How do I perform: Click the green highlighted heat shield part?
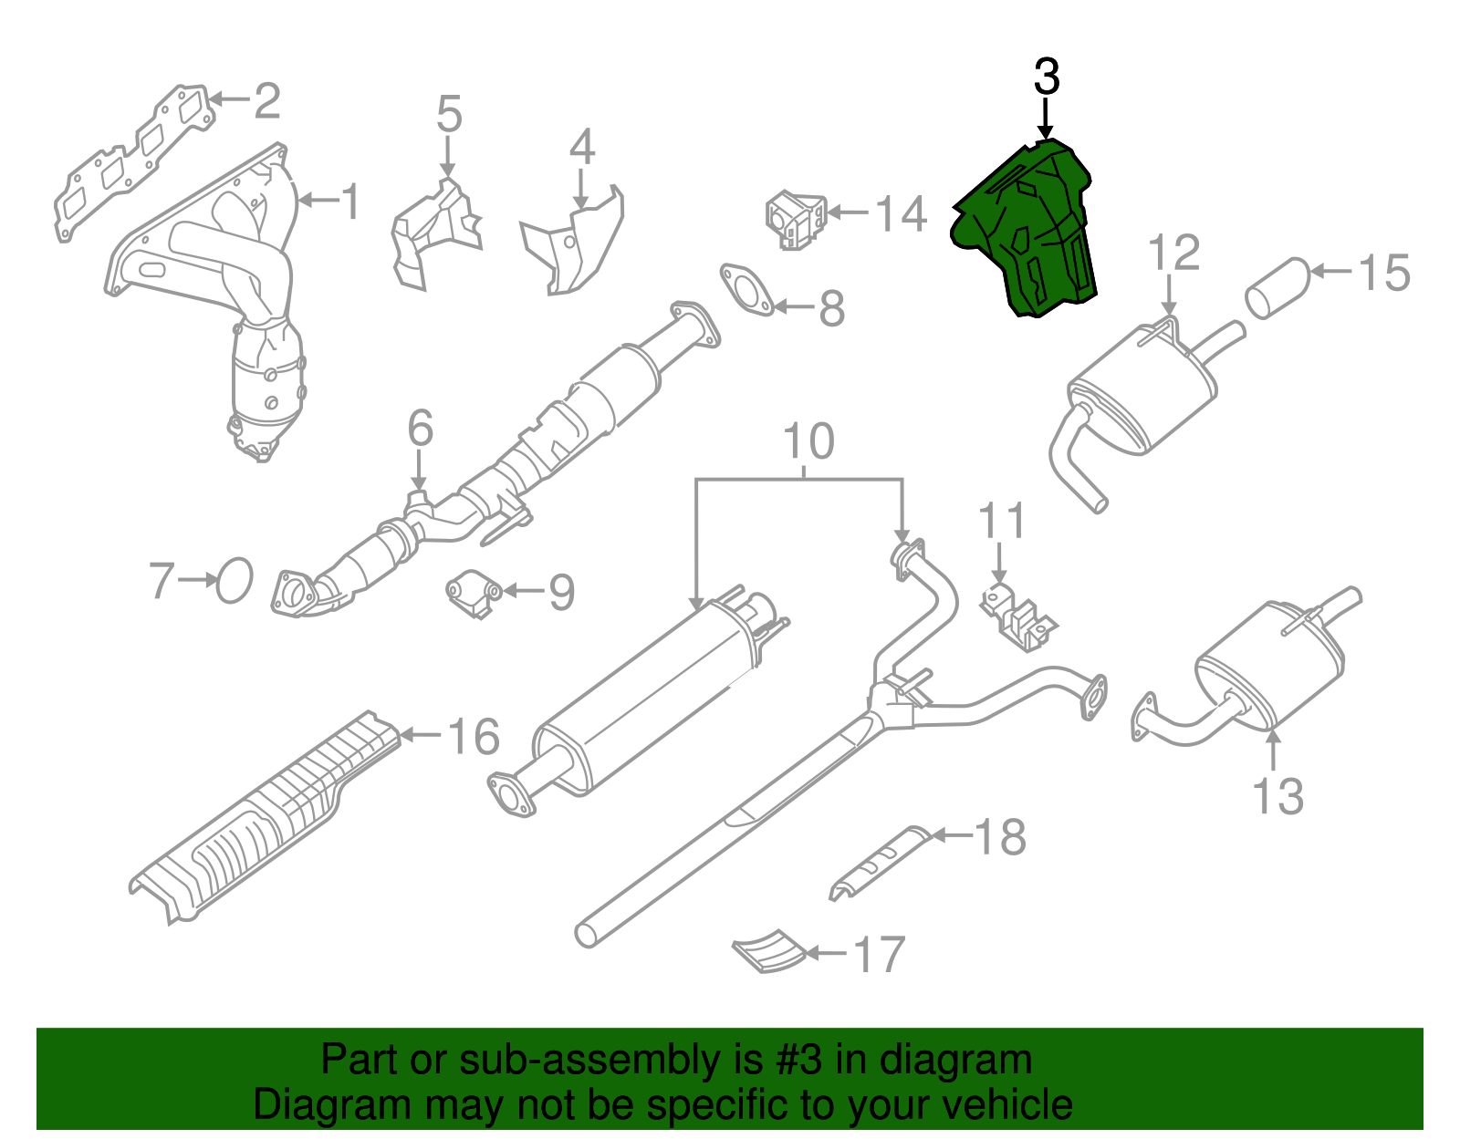pos(1027,228)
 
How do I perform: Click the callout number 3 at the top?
pos(1047,78)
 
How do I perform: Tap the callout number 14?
pos(900,214)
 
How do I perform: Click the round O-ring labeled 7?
pos(235,581)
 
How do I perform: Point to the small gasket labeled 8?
pos(746,290)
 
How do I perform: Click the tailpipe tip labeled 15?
pos(1277,287)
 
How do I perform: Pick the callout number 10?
pos(808,441)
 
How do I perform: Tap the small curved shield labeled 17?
pos(769,951)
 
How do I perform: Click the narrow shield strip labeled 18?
pos(878,862)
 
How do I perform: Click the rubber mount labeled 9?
pos(474,595)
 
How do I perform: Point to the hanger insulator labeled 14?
pos(795,220)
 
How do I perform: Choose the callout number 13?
pos(1277,796)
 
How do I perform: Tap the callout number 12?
pos(1173,253)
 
